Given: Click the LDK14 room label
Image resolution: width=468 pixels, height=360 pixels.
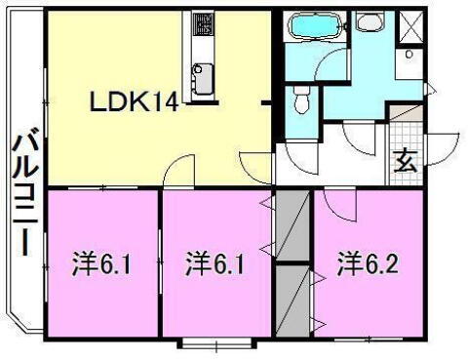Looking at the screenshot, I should (x=135, y=100).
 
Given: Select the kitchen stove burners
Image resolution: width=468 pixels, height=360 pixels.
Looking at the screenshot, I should (x=203, y=23).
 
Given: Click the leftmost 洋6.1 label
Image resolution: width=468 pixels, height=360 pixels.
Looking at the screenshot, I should (x=100, y=262).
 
